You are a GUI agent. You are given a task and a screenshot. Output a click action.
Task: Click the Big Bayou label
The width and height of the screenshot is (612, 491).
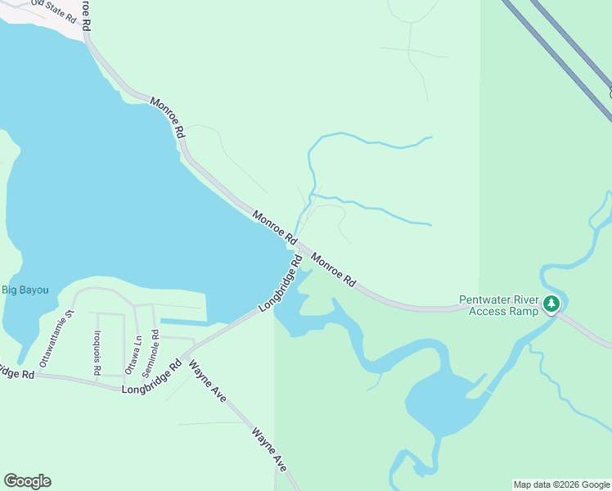click(25, 290)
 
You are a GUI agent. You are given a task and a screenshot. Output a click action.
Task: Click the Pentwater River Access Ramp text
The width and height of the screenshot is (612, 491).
click(498, 305)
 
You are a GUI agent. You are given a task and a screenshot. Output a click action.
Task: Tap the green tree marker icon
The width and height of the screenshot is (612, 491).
click(551, 304)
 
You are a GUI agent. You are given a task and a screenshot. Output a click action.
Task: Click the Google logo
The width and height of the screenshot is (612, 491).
click(27, 481)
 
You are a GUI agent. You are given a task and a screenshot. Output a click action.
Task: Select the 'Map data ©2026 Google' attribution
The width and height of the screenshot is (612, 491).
click(561, 484)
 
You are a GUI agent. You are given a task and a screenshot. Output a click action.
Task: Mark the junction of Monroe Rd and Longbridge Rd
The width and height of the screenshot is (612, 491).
click(296, 245)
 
